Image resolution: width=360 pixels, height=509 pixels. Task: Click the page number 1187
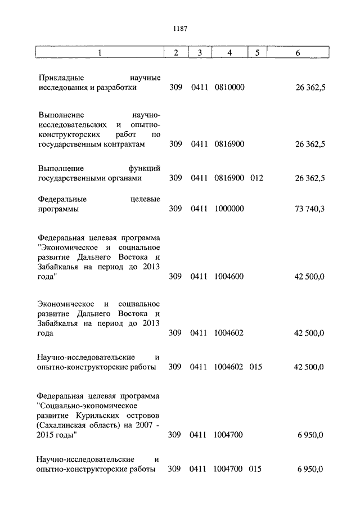pos(180,29)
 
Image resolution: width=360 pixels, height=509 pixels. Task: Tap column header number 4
pos(229,53)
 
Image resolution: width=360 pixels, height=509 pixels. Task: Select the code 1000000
pos(229,209)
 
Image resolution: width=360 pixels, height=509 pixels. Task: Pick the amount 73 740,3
pos(309,209)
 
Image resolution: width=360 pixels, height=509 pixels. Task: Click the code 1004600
pos(229,277)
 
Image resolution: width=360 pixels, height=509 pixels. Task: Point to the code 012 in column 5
pos(256,178)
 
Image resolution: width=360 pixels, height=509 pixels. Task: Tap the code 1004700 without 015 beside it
pos(229,435)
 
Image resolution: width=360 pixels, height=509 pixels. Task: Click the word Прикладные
pos(59,78)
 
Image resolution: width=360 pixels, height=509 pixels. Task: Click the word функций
pos(145,168)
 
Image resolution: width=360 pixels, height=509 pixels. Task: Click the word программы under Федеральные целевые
pos(58,209)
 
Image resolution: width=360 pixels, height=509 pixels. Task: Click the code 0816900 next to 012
pos(229,178)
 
